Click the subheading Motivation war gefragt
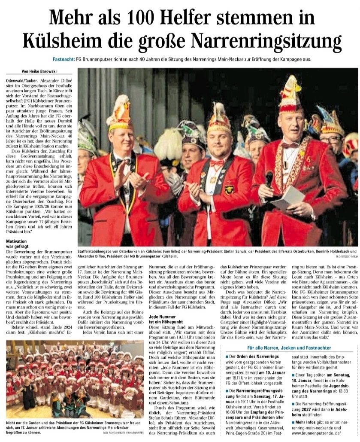point(21,244)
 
